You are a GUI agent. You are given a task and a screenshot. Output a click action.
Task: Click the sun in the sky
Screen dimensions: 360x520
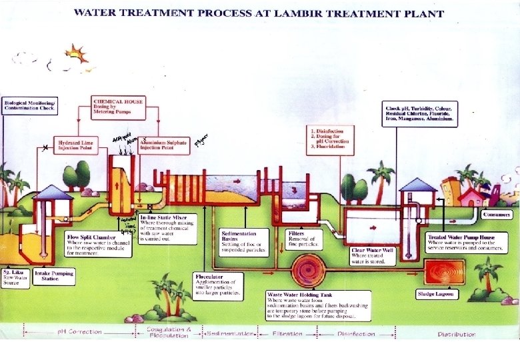click(x=76, y=55)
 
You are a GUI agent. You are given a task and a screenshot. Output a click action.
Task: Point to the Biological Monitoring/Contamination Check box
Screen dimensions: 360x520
click(x=31, y=105)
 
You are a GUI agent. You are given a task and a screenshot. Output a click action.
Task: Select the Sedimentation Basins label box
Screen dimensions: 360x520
click(x=245, y=242)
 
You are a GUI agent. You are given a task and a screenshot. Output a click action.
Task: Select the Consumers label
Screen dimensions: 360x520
click(x=497, y=215)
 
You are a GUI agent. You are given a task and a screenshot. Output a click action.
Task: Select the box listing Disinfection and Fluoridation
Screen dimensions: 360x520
click(x=328, y=139)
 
